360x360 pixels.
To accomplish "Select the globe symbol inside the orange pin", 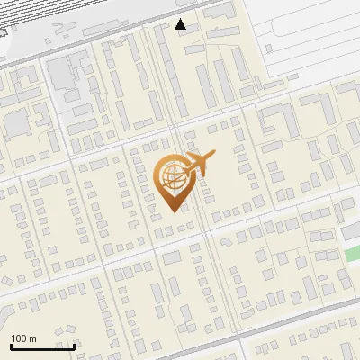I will pyautogui.click(x=175, y=176).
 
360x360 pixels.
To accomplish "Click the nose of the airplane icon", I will pyautogui.click(x=212, y=154).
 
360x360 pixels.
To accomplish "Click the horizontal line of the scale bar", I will pyautogui.click(x=41, y=346).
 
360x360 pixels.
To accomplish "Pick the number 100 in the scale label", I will pyautogui.click(x=19, y=338).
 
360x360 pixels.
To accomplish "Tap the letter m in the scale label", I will pyautogui.click(x=32, y=338).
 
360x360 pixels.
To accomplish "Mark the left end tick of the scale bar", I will pyautogui.click(x=10, y=344).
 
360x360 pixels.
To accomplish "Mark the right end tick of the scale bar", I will pyautogui.click(x=73, y=344).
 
